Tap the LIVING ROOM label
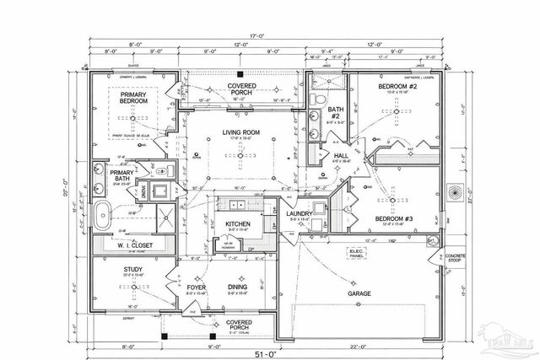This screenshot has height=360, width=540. (240, 132)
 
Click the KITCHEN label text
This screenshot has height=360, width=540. (238, 224)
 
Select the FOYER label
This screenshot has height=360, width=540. (197, 286)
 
